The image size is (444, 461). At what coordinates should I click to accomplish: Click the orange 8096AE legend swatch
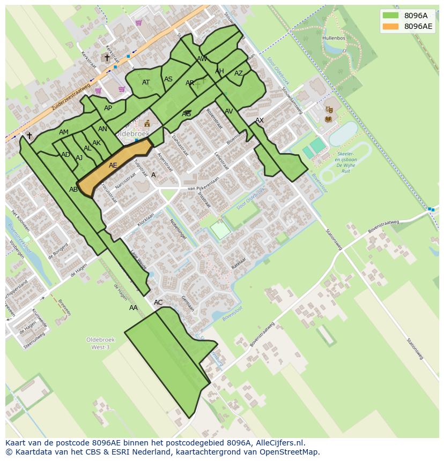(x=391, y=26)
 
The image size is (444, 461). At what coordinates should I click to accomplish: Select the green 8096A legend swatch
(x=391, y=16)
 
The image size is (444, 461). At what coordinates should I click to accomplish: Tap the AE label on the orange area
(x=113, y=165)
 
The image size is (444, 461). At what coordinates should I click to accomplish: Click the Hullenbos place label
(x=333, y=39)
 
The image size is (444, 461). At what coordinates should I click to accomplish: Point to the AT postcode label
(x=146, y=82)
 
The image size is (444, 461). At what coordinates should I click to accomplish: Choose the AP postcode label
(x=108, y=108)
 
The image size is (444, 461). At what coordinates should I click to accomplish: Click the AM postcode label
(x=64, y=132)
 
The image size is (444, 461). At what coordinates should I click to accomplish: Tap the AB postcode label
(x=73, y=190)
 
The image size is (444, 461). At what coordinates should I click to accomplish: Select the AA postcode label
(x=134, y=308)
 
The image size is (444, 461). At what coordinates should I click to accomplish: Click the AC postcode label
(x=158, y=303)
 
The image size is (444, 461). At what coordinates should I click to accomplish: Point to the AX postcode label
(x=260, y=120)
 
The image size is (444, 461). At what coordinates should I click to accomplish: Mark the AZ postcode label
(x=239, y=73)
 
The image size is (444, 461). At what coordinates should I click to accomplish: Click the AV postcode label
(x=229, y=111)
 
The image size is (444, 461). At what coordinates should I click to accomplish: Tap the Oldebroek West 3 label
(x=98, y=343)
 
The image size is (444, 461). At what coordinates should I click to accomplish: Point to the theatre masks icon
(x=329, y=110)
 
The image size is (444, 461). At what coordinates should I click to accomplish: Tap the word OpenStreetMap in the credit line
(x=290, y=452)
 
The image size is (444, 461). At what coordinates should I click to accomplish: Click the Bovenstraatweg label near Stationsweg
(x=383, y=226)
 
